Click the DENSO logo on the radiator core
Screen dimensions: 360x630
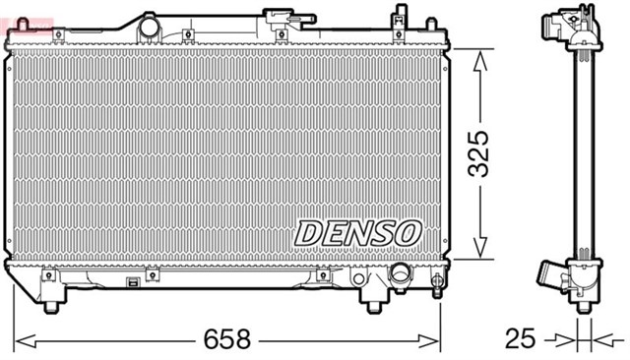click(358, 234)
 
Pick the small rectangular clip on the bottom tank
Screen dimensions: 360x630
click(132, 281)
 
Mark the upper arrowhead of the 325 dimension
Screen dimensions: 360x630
click(480, 59)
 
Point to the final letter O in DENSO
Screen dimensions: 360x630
click(408, 234)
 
